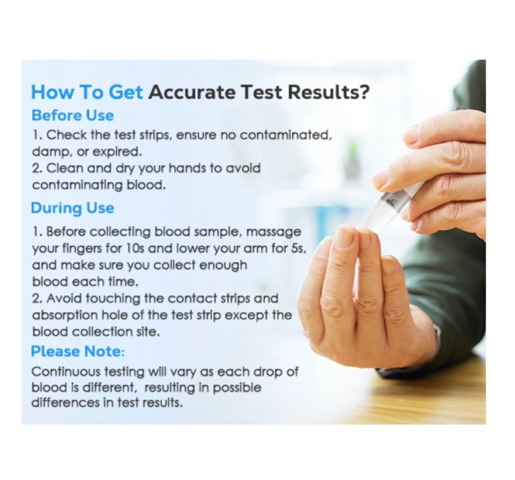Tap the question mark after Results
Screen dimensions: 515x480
point(363,92)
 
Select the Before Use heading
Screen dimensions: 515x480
point(73,115)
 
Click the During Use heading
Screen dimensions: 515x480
point(73,208)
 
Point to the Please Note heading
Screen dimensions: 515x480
point(78,351)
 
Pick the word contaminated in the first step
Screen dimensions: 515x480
point(286,135)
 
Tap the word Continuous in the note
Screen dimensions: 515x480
point(66,372)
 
